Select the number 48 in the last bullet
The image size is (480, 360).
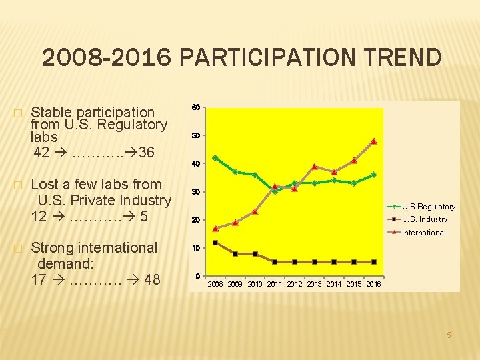coord(152,279)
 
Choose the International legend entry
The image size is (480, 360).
coord(423,233)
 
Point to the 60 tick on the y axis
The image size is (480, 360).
coord(196,108)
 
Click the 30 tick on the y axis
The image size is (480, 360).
coord(196,192)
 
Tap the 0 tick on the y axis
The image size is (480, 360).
coord(198,276)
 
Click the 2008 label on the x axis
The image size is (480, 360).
coord(215,284)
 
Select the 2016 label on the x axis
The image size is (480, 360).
coord(373,284)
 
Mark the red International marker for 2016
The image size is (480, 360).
coord(374,141)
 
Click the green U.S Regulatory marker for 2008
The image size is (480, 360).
coord(215,158)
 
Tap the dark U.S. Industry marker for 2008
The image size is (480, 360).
coord(215,243)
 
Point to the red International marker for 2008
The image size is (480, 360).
coord(215,229)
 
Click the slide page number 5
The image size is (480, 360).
coord(449,335)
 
